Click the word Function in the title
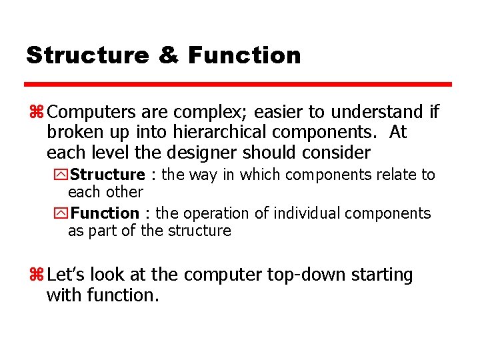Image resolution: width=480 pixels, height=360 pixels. (244, 55)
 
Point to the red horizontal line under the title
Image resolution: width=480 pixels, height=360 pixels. (238, 85)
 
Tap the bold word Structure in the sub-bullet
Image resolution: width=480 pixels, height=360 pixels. (107, 175)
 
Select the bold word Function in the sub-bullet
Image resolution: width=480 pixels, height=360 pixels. (105, 213)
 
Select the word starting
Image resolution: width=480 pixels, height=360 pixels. (383, 275)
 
